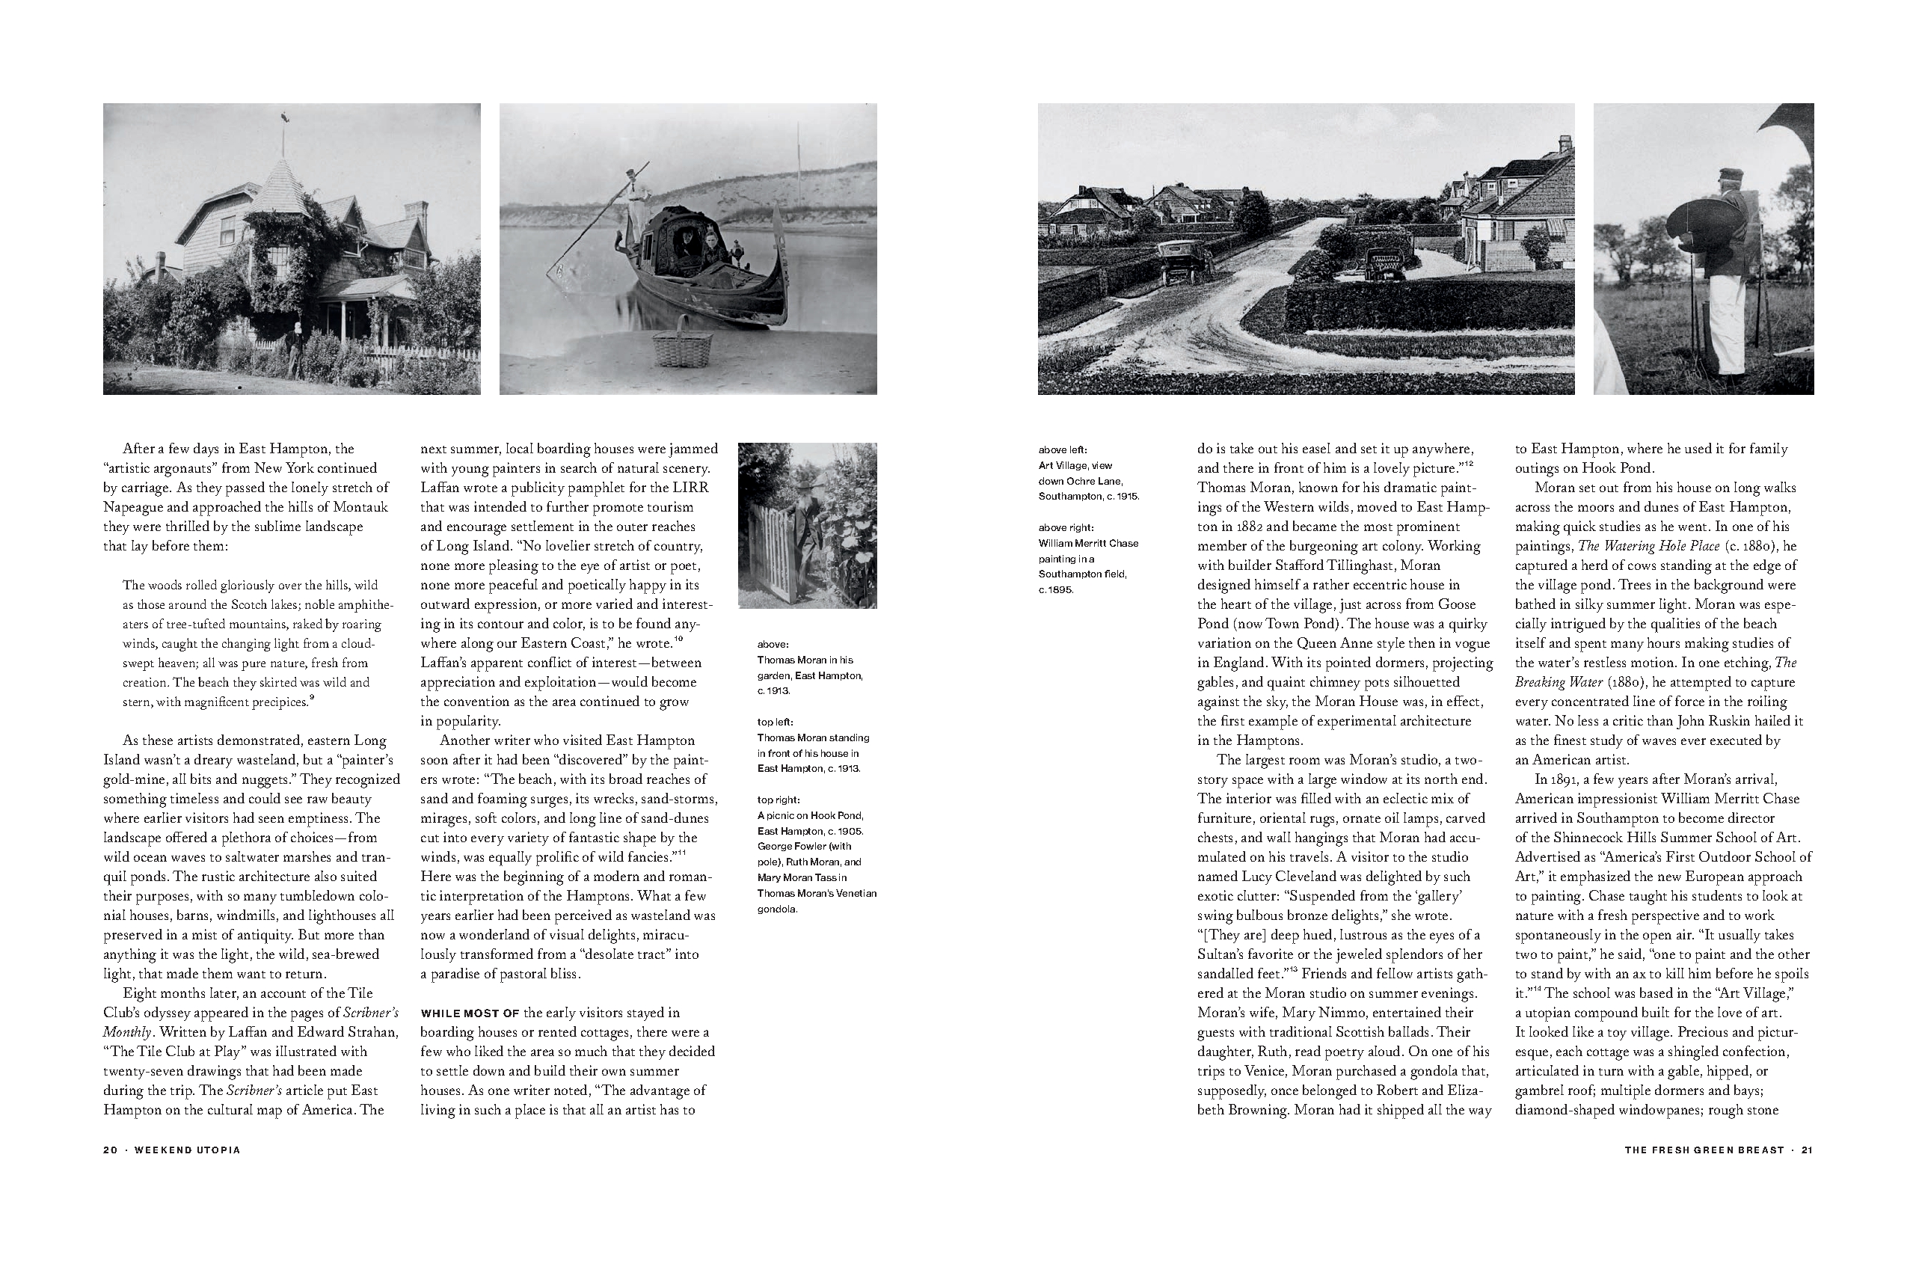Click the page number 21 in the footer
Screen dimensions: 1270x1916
[x=1806, y=1150]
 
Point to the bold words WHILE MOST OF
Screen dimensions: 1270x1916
[x=470, y=1013]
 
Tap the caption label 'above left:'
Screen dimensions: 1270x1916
[x=1063, y=450]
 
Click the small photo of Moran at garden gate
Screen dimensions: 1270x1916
[x=807, y=525]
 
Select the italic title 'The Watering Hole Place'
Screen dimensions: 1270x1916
[x=1638, y=546]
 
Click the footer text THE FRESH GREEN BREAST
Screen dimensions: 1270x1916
[x=1704, y=1150]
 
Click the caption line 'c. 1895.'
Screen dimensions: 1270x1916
[x=1056, y=589]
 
